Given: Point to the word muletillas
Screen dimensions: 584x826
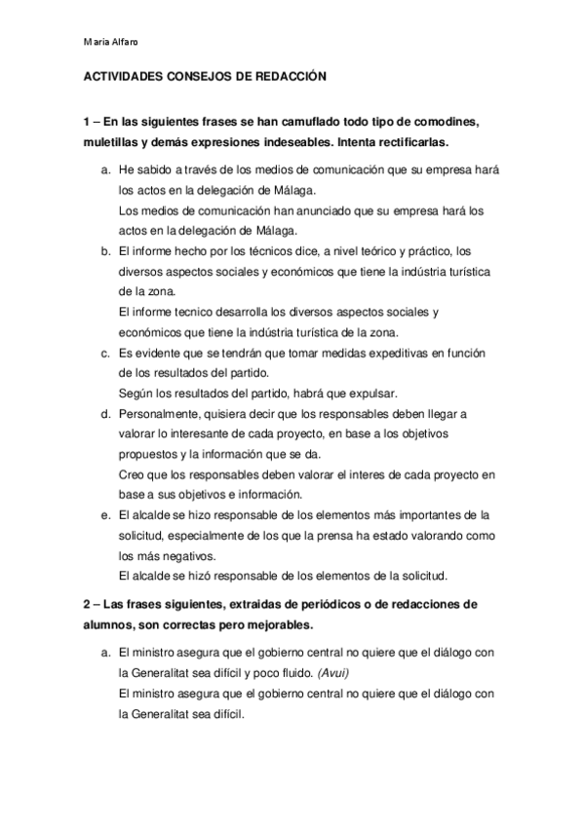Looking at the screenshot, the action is (x=112, y=141).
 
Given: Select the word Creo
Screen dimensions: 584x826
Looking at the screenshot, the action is (x=130, y=474).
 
